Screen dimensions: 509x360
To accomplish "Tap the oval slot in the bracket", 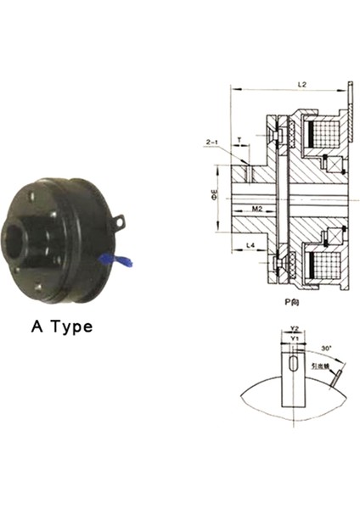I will click(x=292, y=364).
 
